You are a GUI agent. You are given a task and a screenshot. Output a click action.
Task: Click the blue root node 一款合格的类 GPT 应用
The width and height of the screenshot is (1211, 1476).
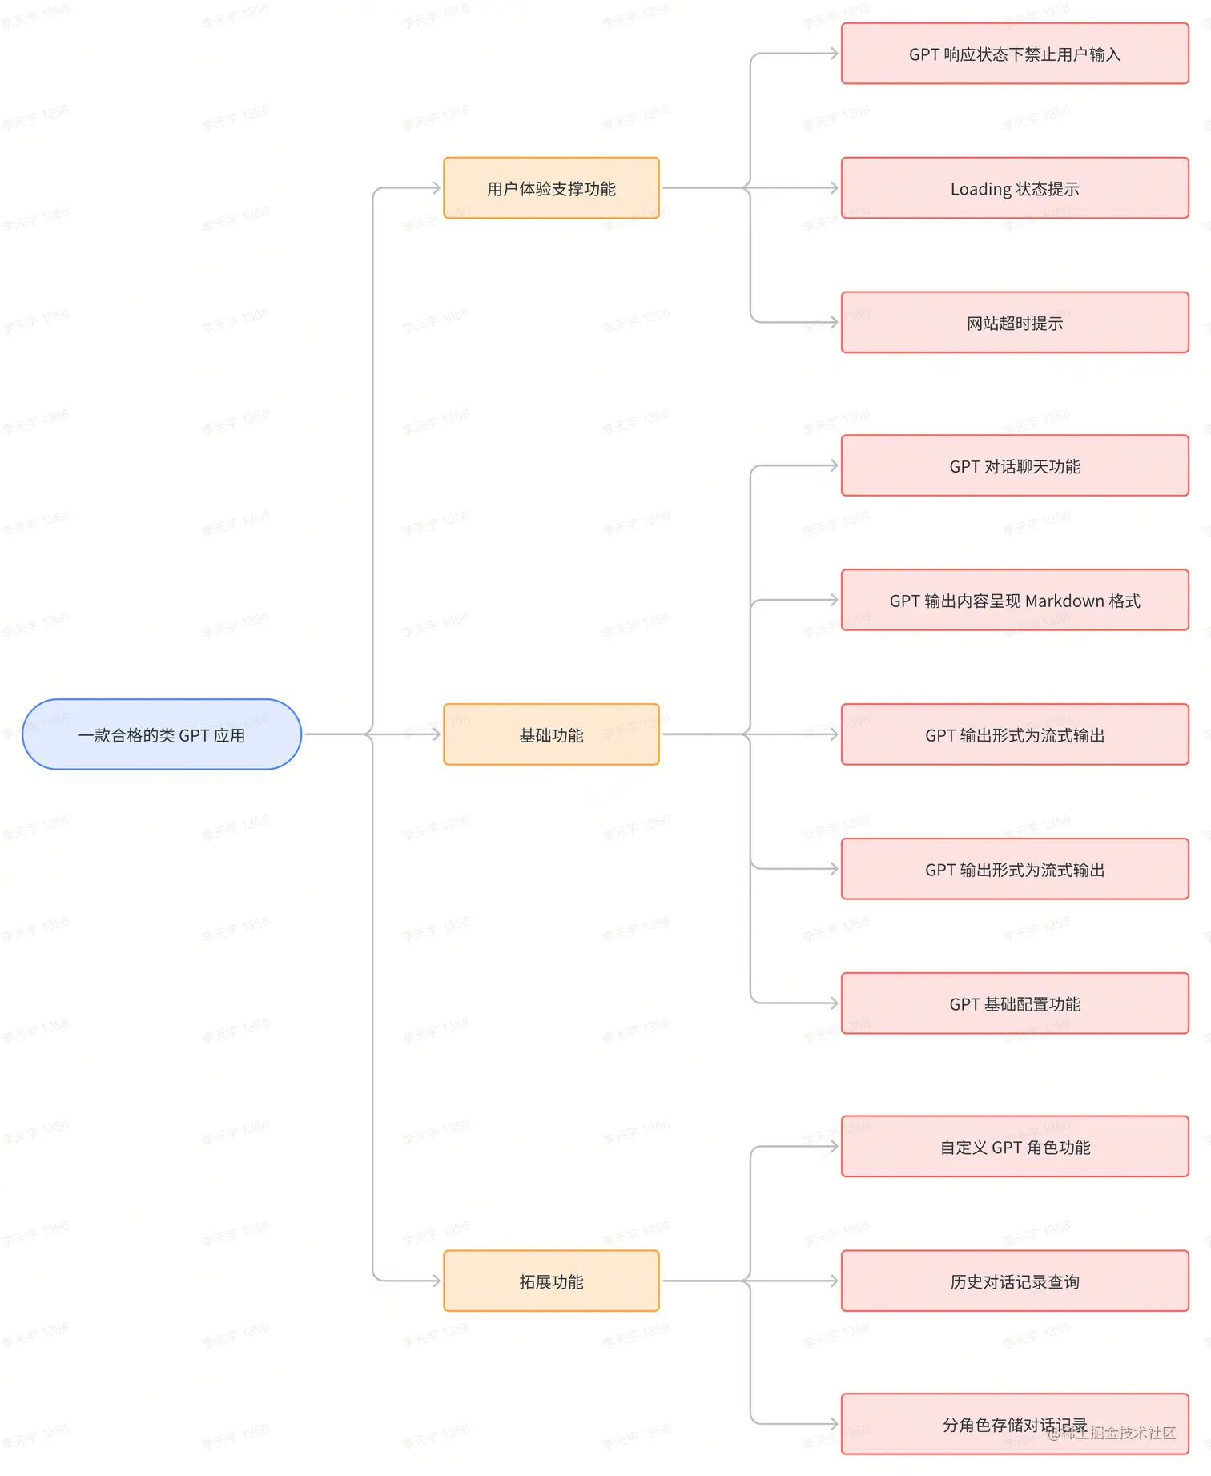[161, 734]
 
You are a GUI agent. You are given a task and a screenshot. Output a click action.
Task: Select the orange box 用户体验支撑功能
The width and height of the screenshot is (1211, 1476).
[551, 188]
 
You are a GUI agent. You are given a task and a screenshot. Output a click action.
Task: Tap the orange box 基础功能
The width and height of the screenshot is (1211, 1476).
[551, 734]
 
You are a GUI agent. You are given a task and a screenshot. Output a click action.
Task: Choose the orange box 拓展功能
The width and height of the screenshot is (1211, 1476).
[551, 1281]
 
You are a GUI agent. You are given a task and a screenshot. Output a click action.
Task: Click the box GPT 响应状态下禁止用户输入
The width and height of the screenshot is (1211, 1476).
[1014, 54]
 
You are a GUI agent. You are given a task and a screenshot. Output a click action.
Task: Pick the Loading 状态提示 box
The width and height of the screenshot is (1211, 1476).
[1014, 188]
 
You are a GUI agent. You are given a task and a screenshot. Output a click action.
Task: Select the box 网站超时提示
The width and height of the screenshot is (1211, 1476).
[1014, 323]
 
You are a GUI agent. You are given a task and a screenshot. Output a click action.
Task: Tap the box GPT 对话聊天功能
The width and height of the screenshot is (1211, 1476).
[1014, 466]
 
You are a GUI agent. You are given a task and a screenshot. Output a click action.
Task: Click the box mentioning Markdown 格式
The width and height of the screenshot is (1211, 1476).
[1014, 601]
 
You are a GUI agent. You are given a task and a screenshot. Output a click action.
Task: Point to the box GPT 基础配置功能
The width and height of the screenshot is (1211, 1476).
[1014, 1003]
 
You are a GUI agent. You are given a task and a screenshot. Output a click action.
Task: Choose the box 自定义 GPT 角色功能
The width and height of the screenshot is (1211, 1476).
[1014, 1147]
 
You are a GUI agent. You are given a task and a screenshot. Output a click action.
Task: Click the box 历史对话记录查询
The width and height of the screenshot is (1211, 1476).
[1014, 1281]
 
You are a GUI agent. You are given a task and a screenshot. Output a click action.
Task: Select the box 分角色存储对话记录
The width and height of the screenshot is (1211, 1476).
[1014, 1424]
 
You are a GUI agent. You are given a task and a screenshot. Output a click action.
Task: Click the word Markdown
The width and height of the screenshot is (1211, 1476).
[1064, 601]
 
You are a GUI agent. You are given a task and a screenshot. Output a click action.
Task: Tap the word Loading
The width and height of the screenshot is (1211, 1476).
[980, 189]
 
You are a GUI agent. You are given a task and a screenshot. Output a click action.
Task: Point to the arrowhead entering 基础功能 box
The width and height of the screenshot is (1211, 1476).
[436, 734]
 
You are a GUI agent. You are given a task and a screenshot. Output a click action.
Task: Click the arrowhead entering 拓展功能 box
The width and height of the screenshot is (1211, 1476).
[436, 1281]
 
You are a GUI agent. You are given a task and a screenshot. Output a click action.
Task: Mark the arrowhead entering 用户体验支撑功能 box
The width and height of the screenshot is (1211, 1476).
[436, 188]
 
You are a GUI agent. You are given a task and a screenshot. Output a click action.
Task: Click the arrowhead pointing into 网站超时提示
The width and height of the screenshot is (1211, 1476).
[834, 323]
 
